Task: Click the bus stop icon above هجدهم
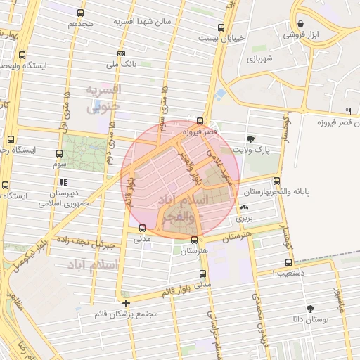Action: tap(81, 13)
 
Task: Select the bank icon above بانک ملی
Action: tap(121, 53)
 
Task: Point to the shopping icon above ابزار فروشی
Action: tap(300, 22)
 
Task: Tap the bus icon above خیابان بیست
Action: tap(221, 28)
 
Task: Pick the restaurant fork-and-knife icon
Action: tap(348, 110)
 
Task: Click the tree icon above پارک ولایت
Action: tap(252, 139)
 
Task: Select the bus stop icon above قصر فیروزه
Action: tap(201, 121)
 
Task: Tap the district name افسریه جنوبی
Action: tap(104, 99)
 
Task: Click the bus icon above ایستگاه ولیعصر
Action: tap(22, 55)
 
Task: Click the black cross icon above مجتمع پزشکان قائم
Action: tap(126, 304)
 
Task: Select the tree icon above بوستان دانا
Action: tap(309, 308)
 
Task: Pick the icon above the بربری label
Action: tap(243, 207)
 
